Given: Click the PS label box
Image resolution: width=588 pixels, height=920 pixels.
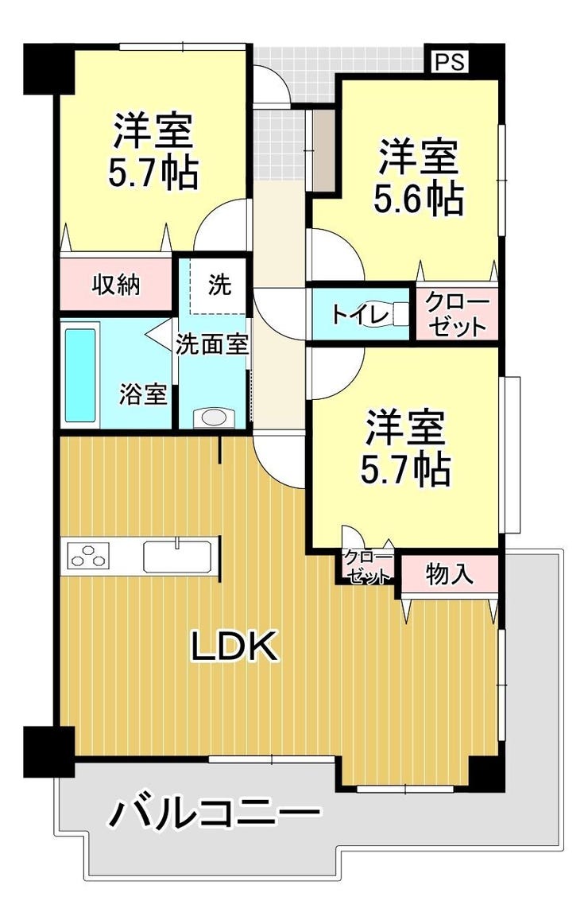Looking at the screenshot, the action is click(x=451, y=61).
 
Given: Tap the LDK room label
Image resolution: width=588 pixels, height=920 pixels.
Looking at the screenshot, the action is click(x=234, y=646).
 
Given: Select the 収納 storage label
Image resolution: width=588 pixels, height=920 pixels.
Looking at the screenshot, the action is click(x=116, y=285).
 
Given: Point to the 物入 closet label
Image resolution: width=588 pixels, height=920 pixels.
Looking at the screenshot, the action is click(x=450, y=573).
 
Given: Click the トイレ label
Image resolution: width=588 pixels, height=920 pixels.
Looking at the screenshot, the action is click(x=360, y=315).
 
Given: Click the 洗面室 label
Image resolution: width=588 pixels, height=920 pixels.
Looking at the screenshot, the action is click(x=212, y=344).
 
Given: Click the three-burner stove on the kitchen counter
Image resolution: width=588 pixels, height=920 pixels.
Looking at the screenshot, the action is click(x=88, y=556).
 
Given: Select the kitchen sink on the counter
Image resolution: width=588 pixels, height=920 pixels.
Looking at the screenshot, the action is click(x=177, y=557).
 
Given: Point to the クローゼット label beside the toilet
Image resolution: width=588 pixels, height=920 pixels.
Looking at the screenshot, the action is click(x=457, y=314).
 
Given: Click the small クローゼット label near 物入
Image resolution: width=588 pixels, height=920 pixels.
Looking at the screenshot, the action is click(x=368, y=567).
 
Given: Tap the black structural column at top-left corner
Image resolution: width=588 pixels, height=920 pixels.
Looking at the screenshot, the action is click(x=48, y=68).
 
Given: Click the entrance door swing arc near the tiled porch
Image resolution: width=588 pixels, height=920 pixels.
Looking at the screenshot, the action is click(x=272, y=87).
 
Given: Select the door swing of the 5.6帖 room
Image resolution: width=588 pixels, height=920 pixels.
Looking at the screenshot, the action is click(x=337, y=255).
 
